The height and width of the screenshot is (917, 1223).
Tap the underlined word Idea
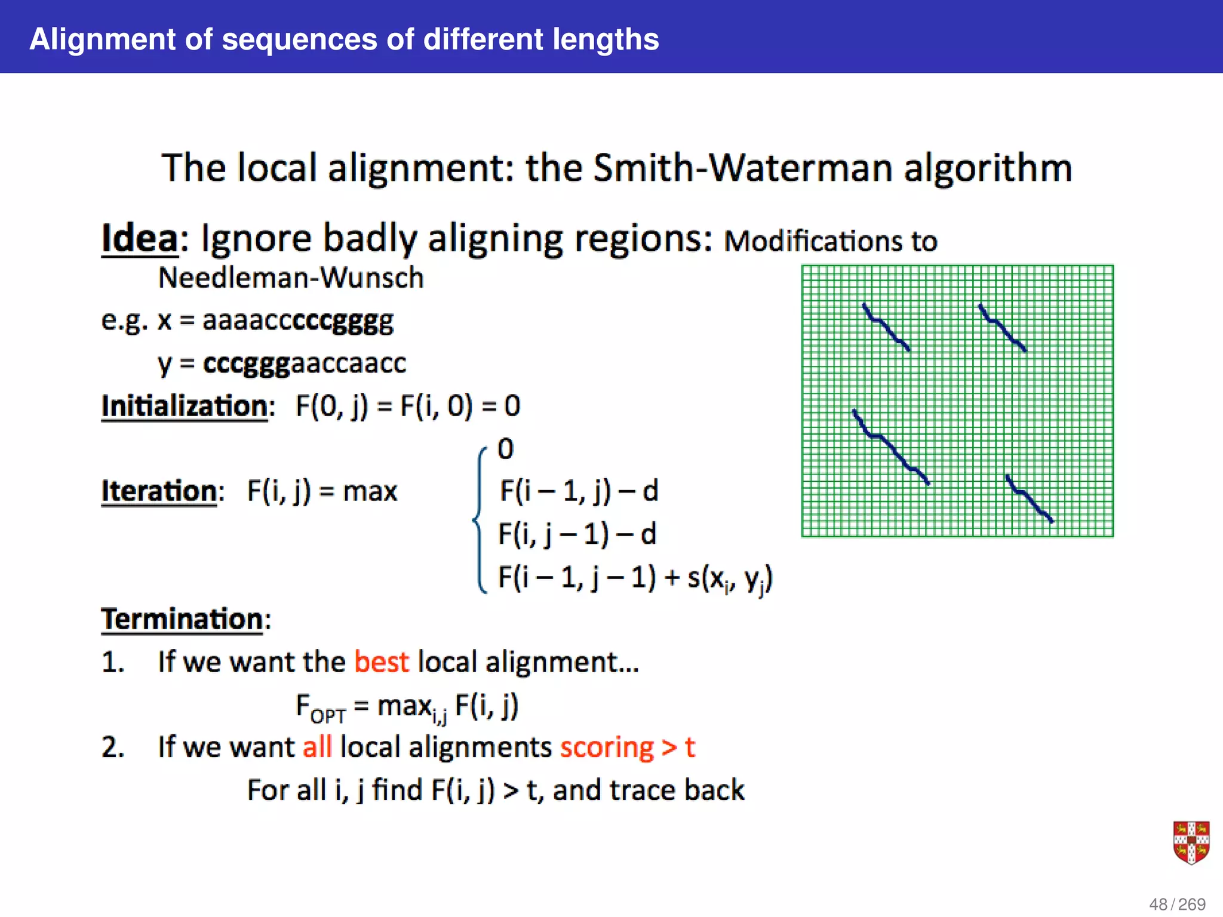point(140,239)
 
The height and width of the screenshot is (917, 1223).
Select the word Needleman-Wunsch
point(291,278)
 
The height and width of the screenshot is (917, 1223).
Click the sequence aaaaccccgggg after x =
point(298,321)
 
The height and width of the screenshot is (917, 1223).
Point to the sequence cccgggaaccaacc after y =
point(305,364)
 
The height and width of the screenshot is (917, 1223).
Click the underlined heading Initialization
point(185,407)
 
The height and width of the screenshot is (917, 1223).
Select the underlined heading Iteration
point(159,491)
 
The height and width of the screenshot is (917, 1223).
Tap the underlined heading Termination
point(182,619)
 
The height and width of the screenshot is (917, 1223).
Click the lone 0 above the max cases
point(505,449)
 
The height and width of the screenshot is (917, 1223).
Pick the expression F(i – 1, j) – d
point(579,491)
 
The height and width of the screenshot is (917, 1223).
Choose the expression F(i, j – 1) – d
point(577,534)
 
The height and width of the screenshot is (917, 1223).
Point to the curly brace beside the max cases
point(480,519)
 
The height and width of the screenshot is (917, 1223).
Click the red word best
point(382,662)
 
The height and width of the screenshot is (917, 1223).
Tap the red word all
point(317,747)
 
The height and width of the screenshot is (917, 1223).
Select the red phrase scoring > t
point(628,747)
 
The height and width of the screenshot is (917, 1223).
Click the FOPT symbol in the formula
point(321,707)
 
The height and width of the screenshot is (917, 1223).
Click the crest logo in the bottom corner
point(1191,842)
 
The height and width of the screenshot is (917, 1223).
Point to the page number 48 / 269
point(1177,904)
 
